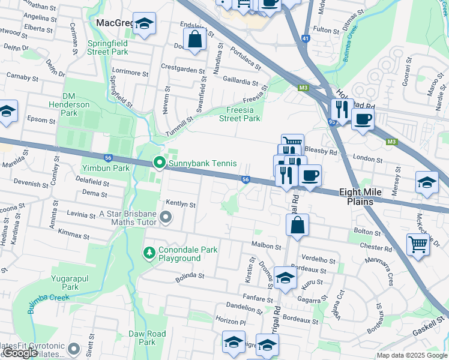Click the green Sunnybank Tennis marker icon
(159, 163)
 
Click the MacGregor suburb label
(114, 23)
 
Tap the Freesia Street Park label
(240, 114)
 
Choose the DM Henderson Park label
(78, 104)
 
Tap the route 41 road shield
(306, 38)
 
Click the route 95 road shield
(331, 122)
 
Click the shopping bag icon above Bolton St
(297, 226)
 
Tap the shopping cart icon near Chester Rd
(418, 244)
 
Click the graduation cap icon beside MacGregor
(143, 25)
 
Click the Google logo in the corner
(20, 353)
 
